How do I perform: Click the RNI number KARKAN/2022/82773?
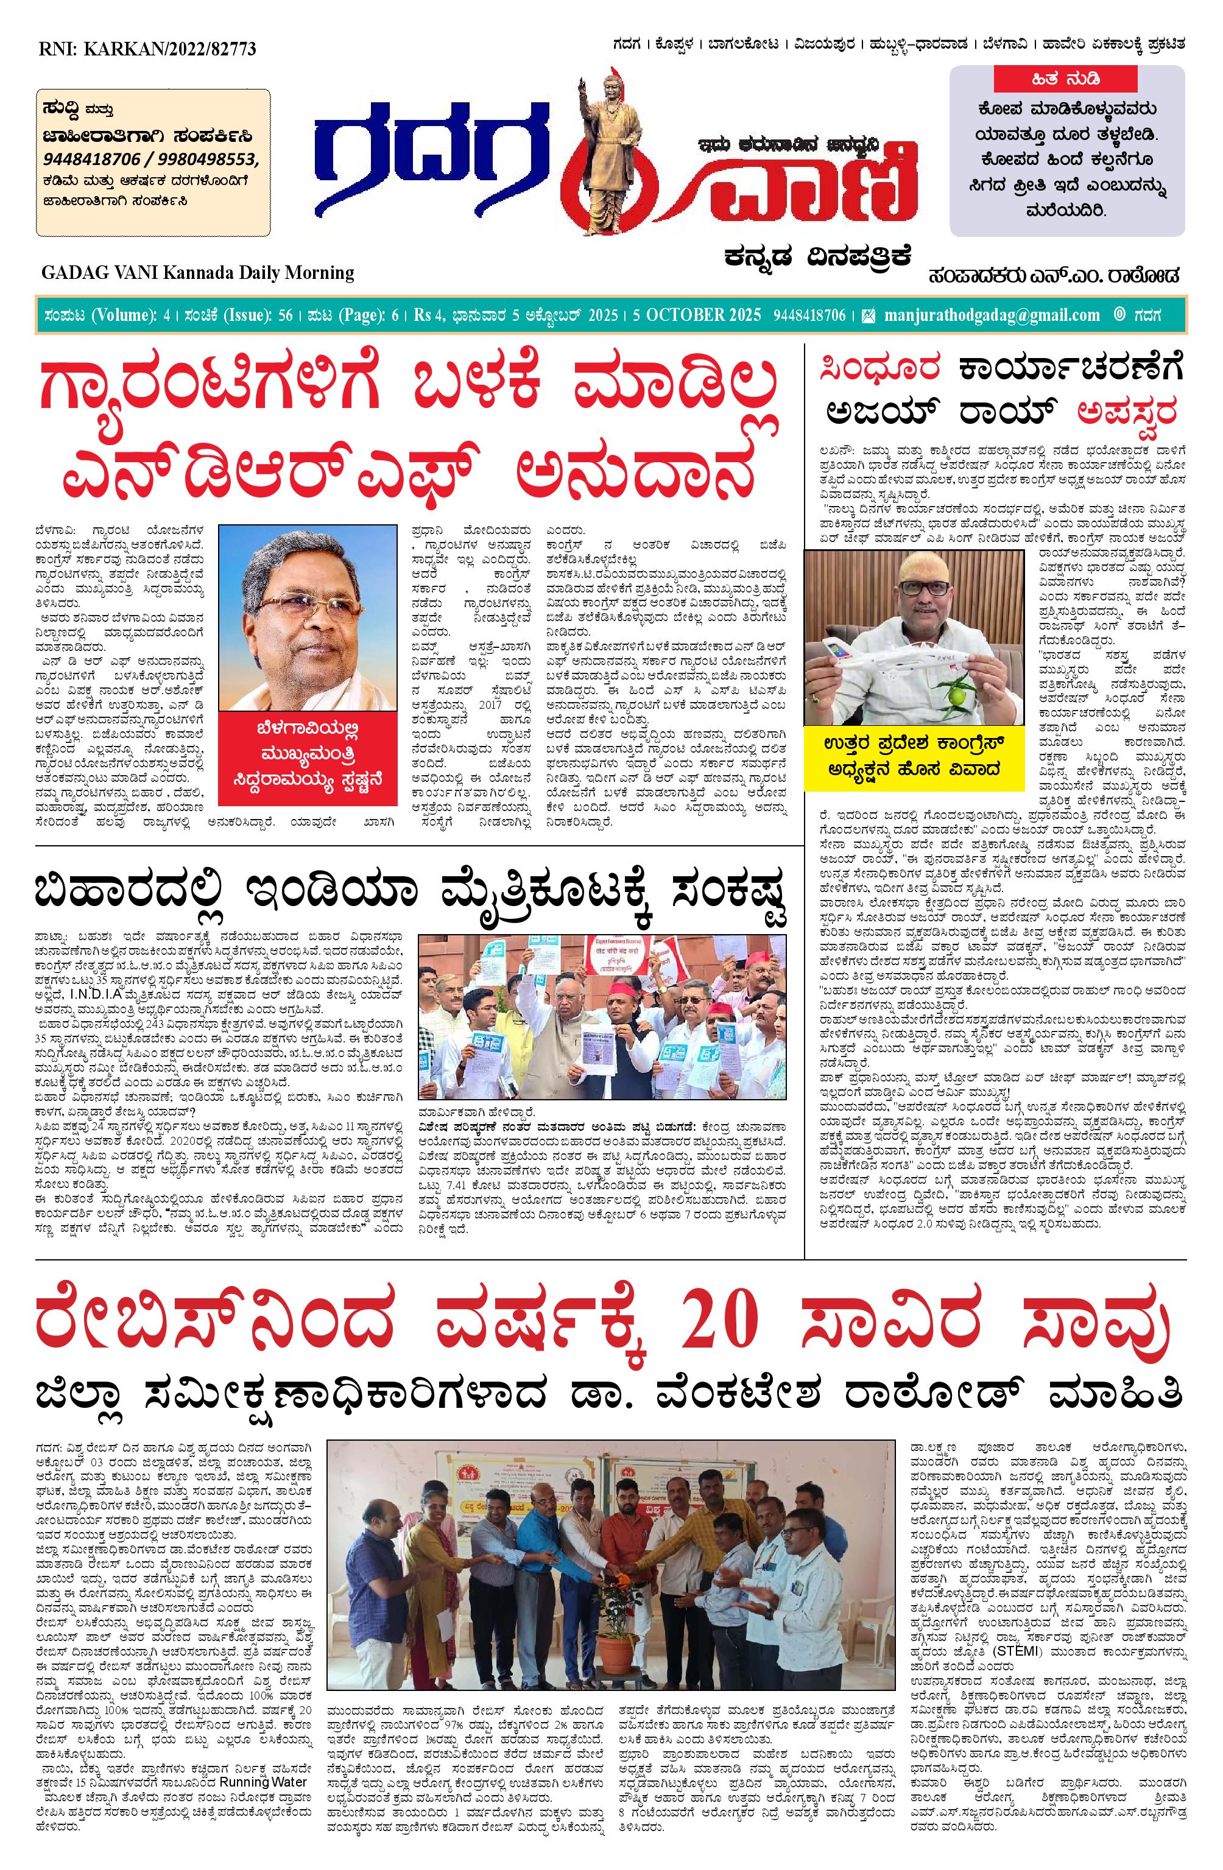click(147, 49)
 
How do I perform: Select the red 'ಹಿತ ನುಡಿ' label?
click(1066, 79)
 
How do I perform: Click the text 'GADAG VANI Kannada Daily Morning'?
click(198, 273)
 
